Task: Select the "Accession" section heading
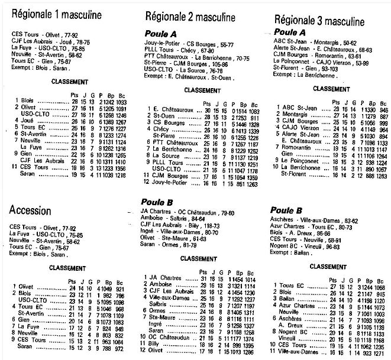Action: (x=34, y=210)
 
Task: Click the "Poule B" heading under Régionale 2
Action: (x=159, y=202)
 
